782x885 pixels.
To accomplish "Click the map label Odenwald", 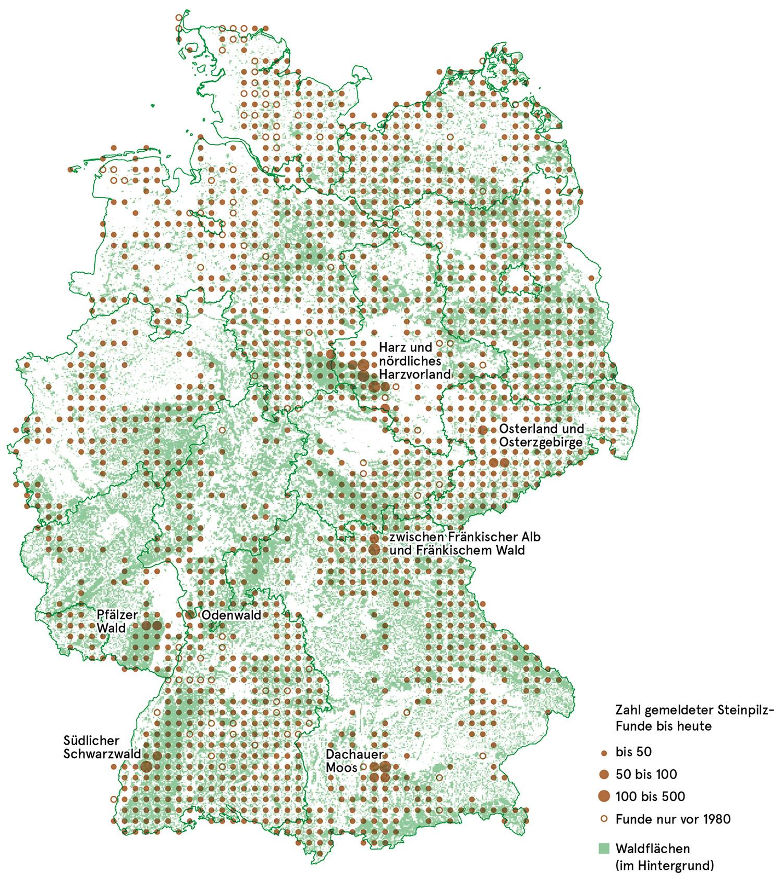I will click(231, 615).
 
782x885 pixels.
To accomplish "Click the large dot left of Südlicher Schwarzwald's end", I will click(146, 766).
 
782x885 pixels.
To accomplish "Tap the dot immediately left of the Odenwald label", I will click(189, 615).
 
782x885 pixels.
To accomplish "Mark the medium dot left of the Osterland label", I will click(483, 430).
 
